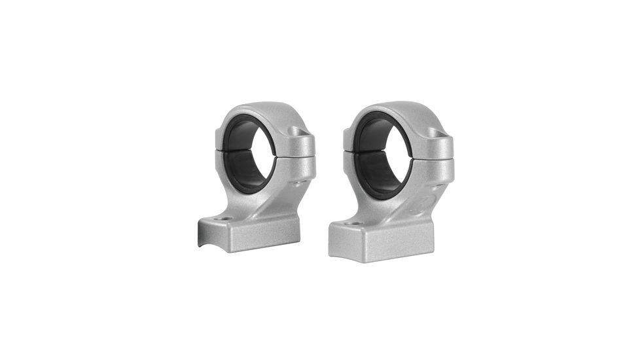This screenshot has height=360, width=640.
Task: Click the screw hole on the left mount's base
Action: tap(224, 219)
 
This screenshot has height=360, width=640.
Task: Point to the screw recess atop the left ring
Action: tap(298, 132)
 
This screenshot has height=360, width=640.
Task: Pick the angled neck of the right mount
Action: tap(406, 203)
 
